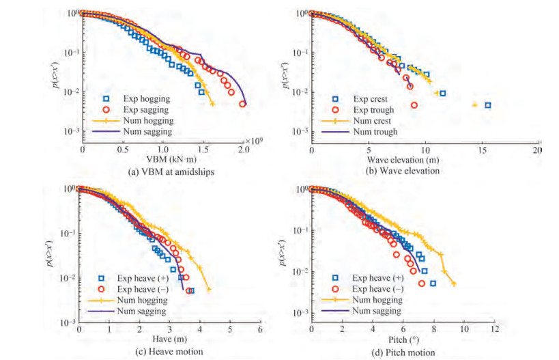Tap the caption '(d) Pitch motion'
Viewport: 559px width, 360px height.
tap(401, 351)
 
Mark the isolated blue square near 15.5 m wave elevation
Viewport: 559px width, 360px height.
tap(487, 105)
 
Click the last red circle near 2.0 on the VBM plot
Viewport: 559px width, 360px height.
tap(242, 104)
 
